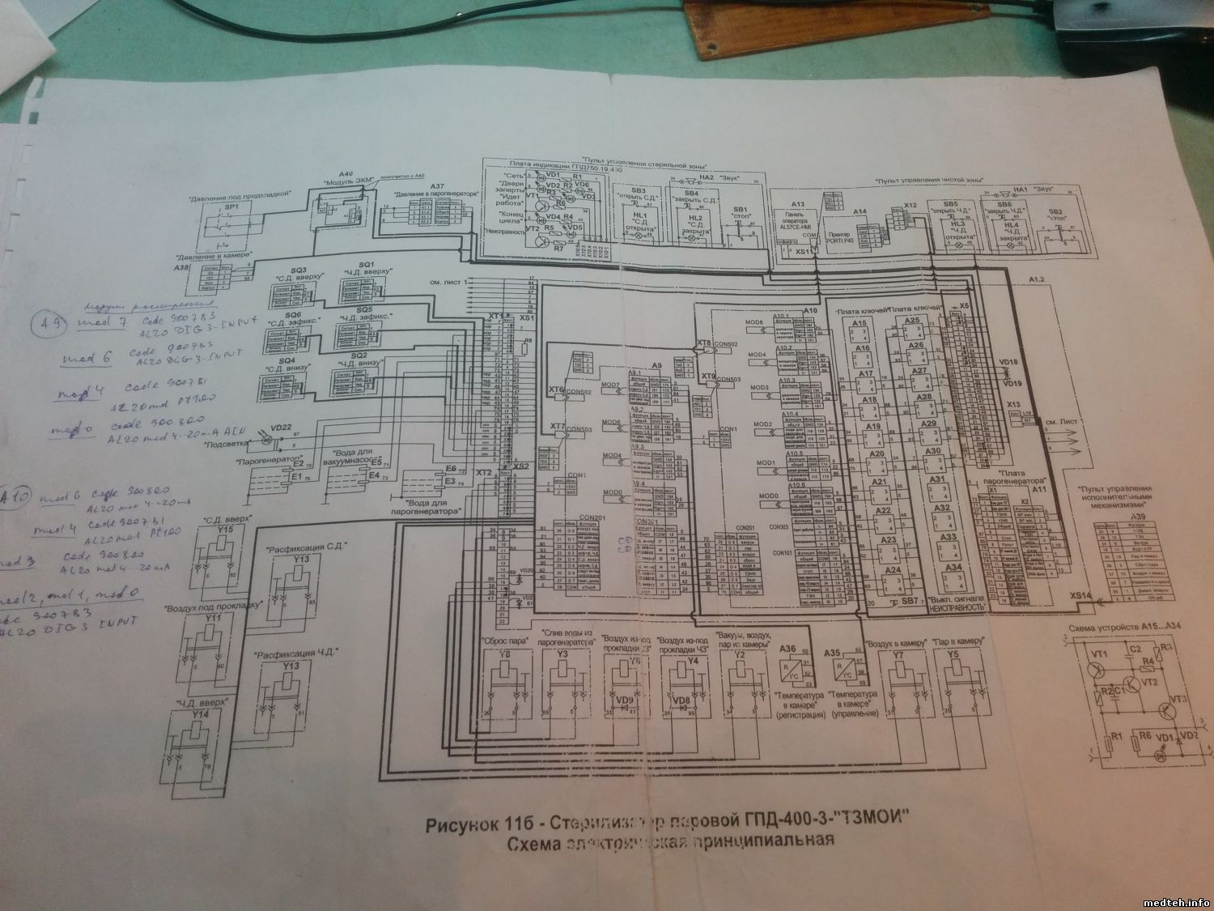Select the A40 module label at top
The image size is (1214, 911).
click(x=346, y=174)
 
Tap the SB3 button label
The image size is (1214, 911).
click(x=638, y=191)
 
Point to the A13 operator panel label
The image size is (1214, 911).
click(x=798, y=205)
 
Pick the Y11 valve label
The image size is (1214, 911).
click(x=213, y=617)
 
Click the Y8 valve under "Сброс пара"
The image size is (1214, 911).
click(x=505, y=653)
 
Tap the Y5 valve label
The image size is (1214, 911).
click(x=952, y=654)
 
